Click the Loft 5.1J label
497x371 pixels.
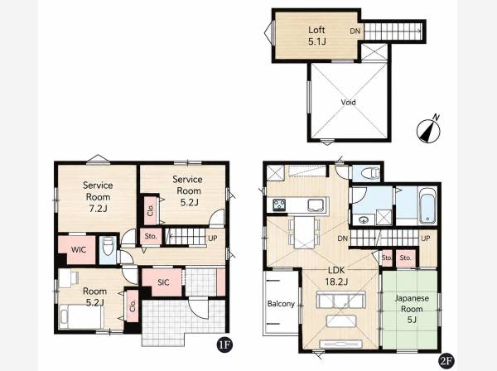click(x=316, y=36)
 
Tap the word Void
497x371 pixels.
click(x=348, y=103)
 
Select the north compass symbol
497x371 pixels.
click(x=428, y=128)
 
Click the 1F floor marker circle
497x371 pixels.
click(x=224, y=345)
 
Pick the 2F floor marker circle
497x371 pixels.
click(x=446, y=361)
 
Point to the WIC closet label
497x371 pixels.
click(x=79, y=249)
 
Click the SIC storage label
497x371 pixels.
click(x=163, y=282)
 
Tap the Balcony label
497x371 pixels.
click(x=281, y=304)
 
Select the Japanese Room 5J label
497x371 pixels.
click(x=412, y=309)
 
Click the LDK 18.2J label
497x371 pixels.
click(x=336, y=276)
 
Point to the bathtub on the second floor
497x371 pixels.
click(x=427, y=205)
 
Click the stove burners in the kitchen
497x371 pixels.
click(x=279, y=205)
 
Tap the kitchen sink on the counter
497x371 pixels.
click(x=316, y=205)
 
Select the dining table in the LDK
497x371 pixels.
click(x=304, y=232)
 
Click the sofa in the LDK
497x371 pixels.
click(x=340, y=301)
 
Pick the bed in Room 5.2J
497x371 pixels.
click(x=81, y=316)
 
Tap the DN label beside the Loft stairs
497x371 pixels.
click(x=355, y=31)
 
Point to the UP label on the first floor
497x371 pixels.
click(x=212, y=238)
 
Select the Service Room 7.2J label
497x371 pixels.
click(x=98, y=197)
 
